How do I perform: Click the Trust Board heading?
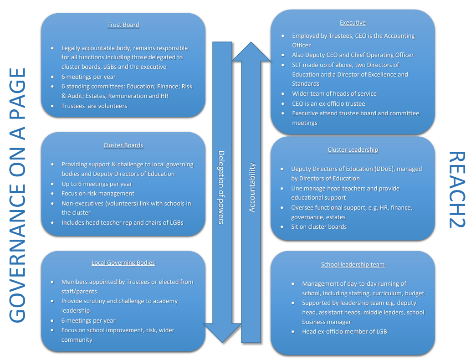tap(123, 25)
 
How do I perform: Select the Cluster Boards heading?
tap(123, 145)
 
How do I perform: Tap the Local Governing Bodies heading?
tap(123, 262)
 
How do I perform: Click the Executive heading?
tap(353, 22)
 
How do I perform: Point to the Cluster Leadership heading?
tap(353, 149)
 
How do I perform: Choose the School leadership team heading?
tap(353, 264)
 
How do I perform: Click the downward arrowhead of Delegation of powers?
tap(222, 333)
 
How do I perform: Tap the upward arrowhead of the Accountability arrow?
tap(251, 51)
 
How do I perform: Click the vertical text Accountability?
tap(252, 187)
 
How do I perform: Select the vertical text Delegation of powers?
tap(221, 187)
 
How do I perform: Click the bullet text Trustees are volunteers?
tap(94, 106)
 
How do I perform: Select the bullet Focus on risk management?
tap(98, 194)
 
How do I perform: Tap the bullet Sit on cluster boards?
tap(319, 227)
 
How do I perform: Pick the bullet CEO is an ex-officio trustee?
tap(328, 104)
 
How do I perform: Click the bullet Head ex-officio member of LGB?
tap(344, 331)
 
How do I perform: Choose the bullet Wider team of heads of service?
tap(334, 94)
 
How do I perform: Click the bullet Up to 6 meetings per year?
tap(97, 184)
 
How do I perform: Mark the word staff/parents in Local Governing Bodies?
tap(79, 292)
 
